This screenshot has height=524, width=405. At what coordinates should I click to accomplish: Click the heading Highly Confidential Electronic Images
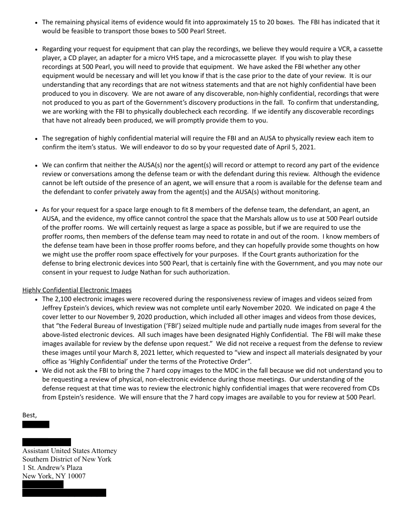pyautogui.click(x=77, y=290)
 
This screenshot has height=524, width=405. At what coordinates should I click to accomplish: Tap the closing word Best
pyautogui.click(x=30, y=414)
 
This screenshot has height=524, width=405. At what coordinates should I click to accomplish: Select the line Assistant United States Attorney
pyautogui.click(x=69, y=451)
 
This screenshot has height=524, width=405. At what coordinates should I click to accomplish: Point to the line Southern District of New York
pyautogui.click(x=67, y=459)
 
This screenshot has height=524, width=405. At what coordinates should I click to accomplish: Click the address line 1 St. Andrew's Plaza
pyautogui.click(x=52, y=468)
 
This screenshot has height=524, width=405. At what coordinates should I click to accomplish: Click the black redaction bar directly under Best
pyautogui.click(x=36, y=424)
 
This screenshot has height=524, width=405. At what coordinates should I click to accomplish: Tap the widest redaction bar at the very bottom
pyautogui.click(x=64, y=493)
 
